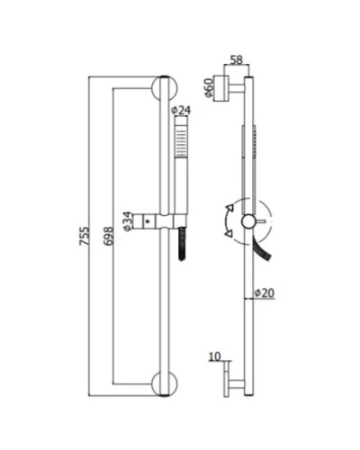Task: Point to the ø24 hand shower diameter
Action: click(x=181, y=111)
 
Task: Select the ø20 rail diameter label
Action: click(x=264, y=293)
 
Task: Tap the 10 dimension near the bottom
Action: click(x=213, y=357)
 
